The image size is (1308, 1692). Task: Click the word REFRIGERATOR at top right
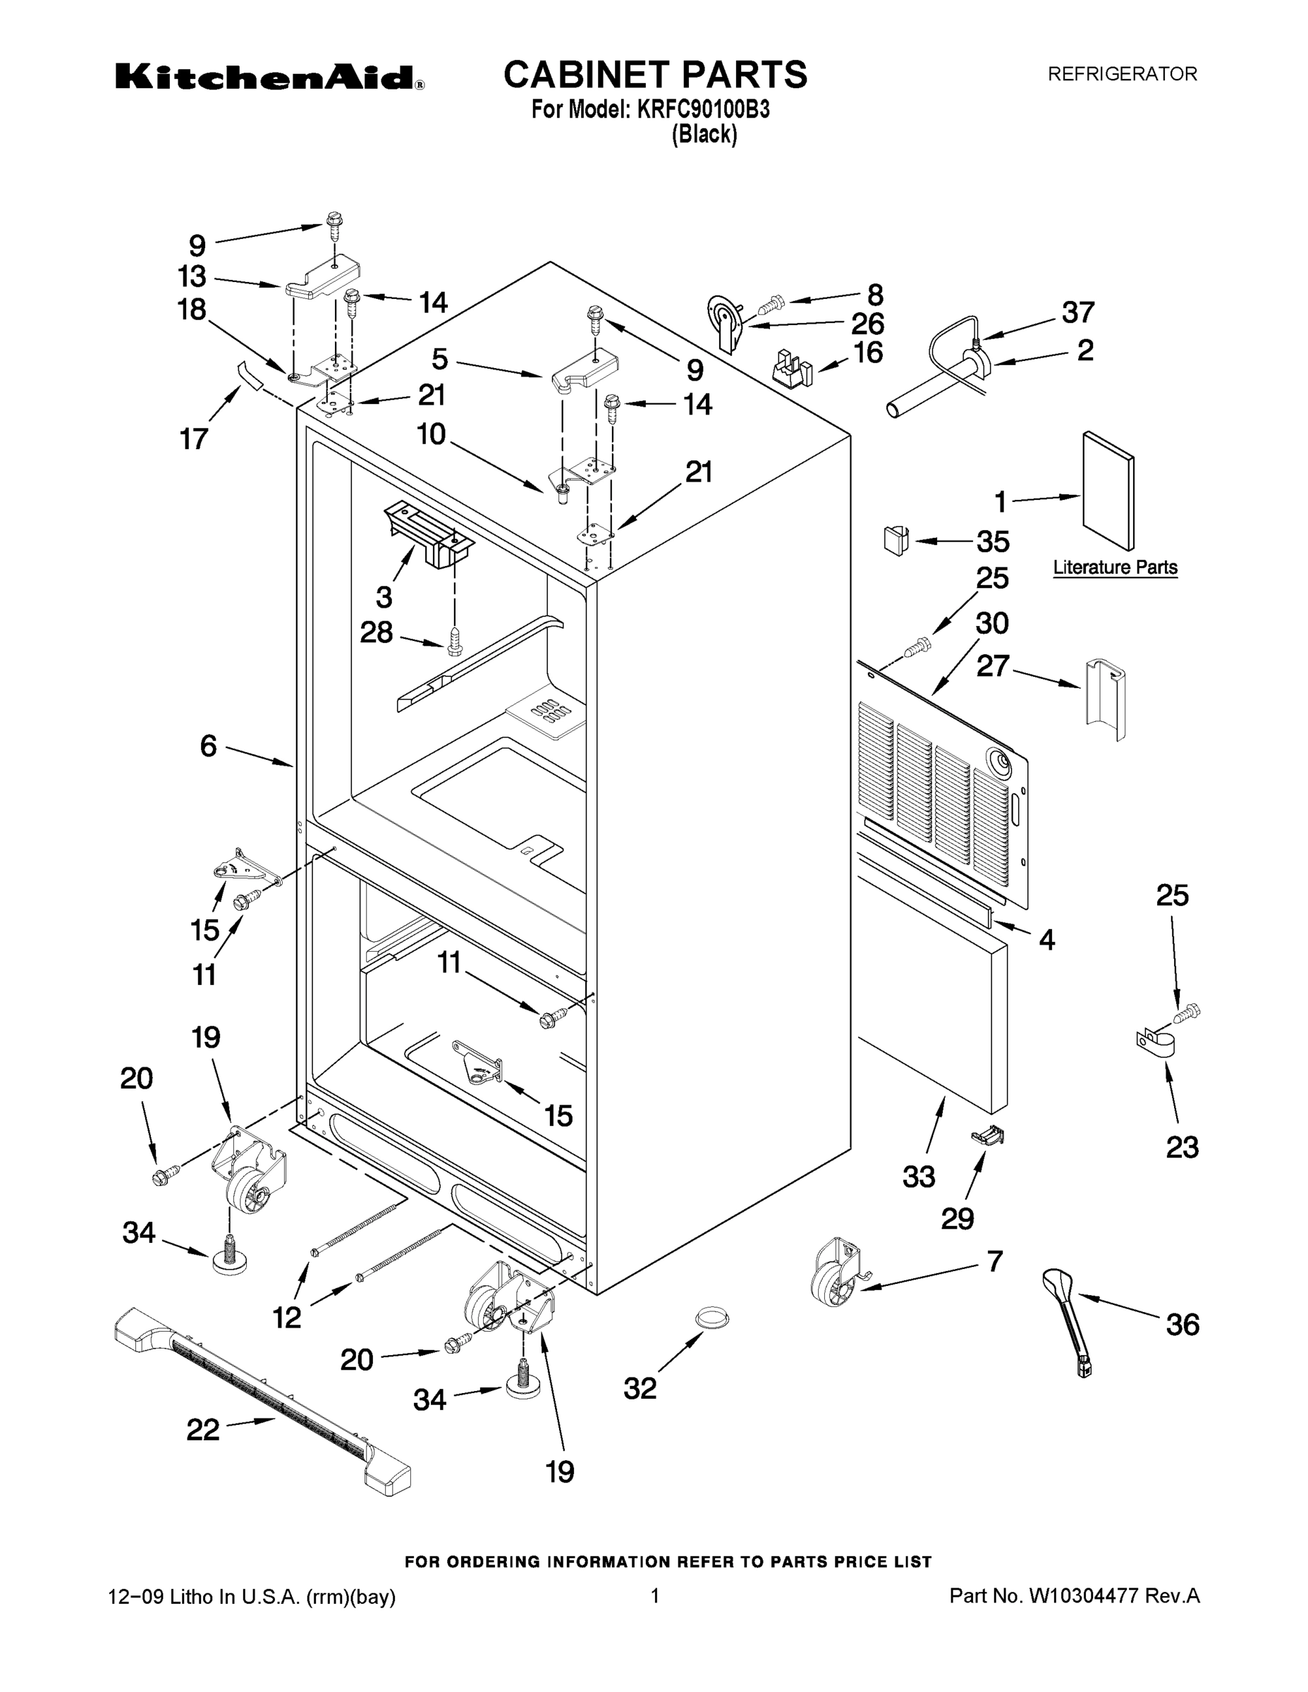1122,74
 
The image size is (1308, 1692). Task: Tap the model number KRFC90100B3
703,110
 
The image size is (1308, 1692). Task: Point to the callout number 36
1182,1325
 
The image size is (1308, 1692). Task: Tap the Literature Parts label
1114,568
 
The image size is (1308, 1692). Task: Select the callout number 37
1078,313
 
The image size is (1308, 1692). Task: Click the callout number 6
209,746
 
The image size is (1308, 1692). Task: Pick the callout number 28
377,633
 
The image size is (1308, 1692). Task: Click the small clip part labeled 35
895,539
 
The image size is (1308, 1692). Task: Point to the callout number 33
919,1177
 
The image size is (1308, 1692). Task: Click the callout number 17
194,439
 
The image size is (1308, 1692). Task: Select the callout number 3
384,597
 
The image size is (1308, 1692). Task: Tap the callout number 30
992,624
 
